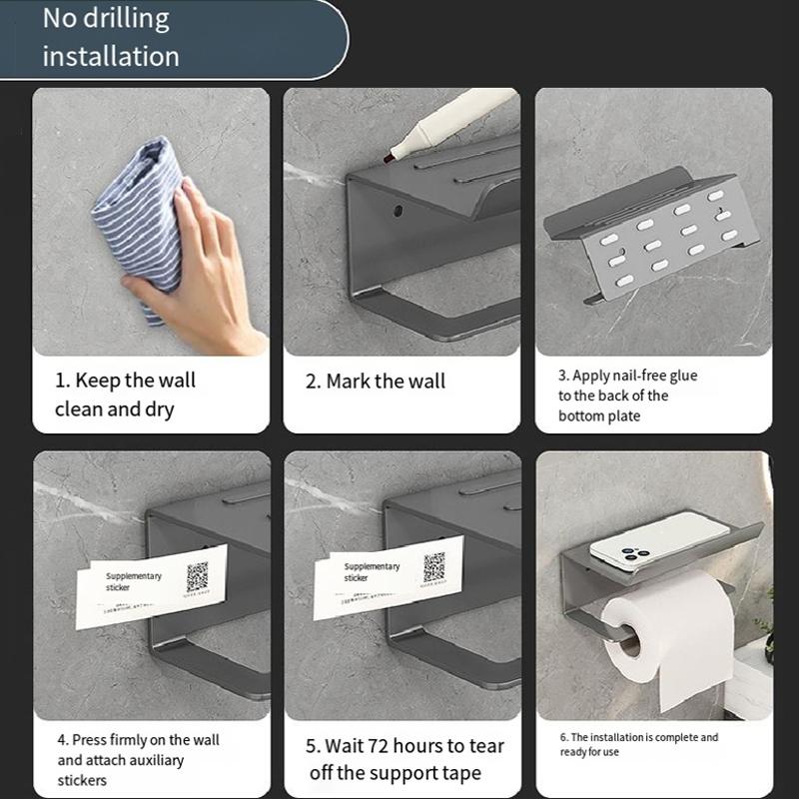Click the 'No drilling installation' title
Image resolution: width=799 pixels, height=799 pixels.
click(x=111, y=37)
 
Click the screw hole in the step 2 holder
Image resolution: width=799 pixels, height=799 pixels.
click(x=398, y=213)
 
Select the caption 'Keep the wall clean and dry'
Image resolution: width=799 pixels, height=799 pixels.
click(x=125, y=395)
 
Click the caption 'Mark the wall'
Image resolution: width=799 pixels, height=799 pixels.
click(x=376, y=382)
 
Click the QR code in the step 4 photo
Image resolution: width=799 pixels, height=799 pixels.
click(x=197, y=575)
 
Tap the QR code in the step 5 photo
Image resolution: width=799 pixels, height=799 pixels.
click(x=433, y=567)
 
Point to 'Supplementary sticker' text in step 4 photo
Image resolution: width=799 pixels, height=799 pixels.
click(x=133, y=581)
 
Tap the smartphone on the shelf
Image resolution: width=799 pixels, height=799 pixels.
click(x=658, y=541)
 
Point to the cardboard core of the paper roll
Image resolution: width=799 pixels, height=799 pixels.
click(x=630, y=639)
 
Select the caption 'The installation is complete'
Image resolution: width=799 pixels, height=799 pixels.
click(x=638, y=744)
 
